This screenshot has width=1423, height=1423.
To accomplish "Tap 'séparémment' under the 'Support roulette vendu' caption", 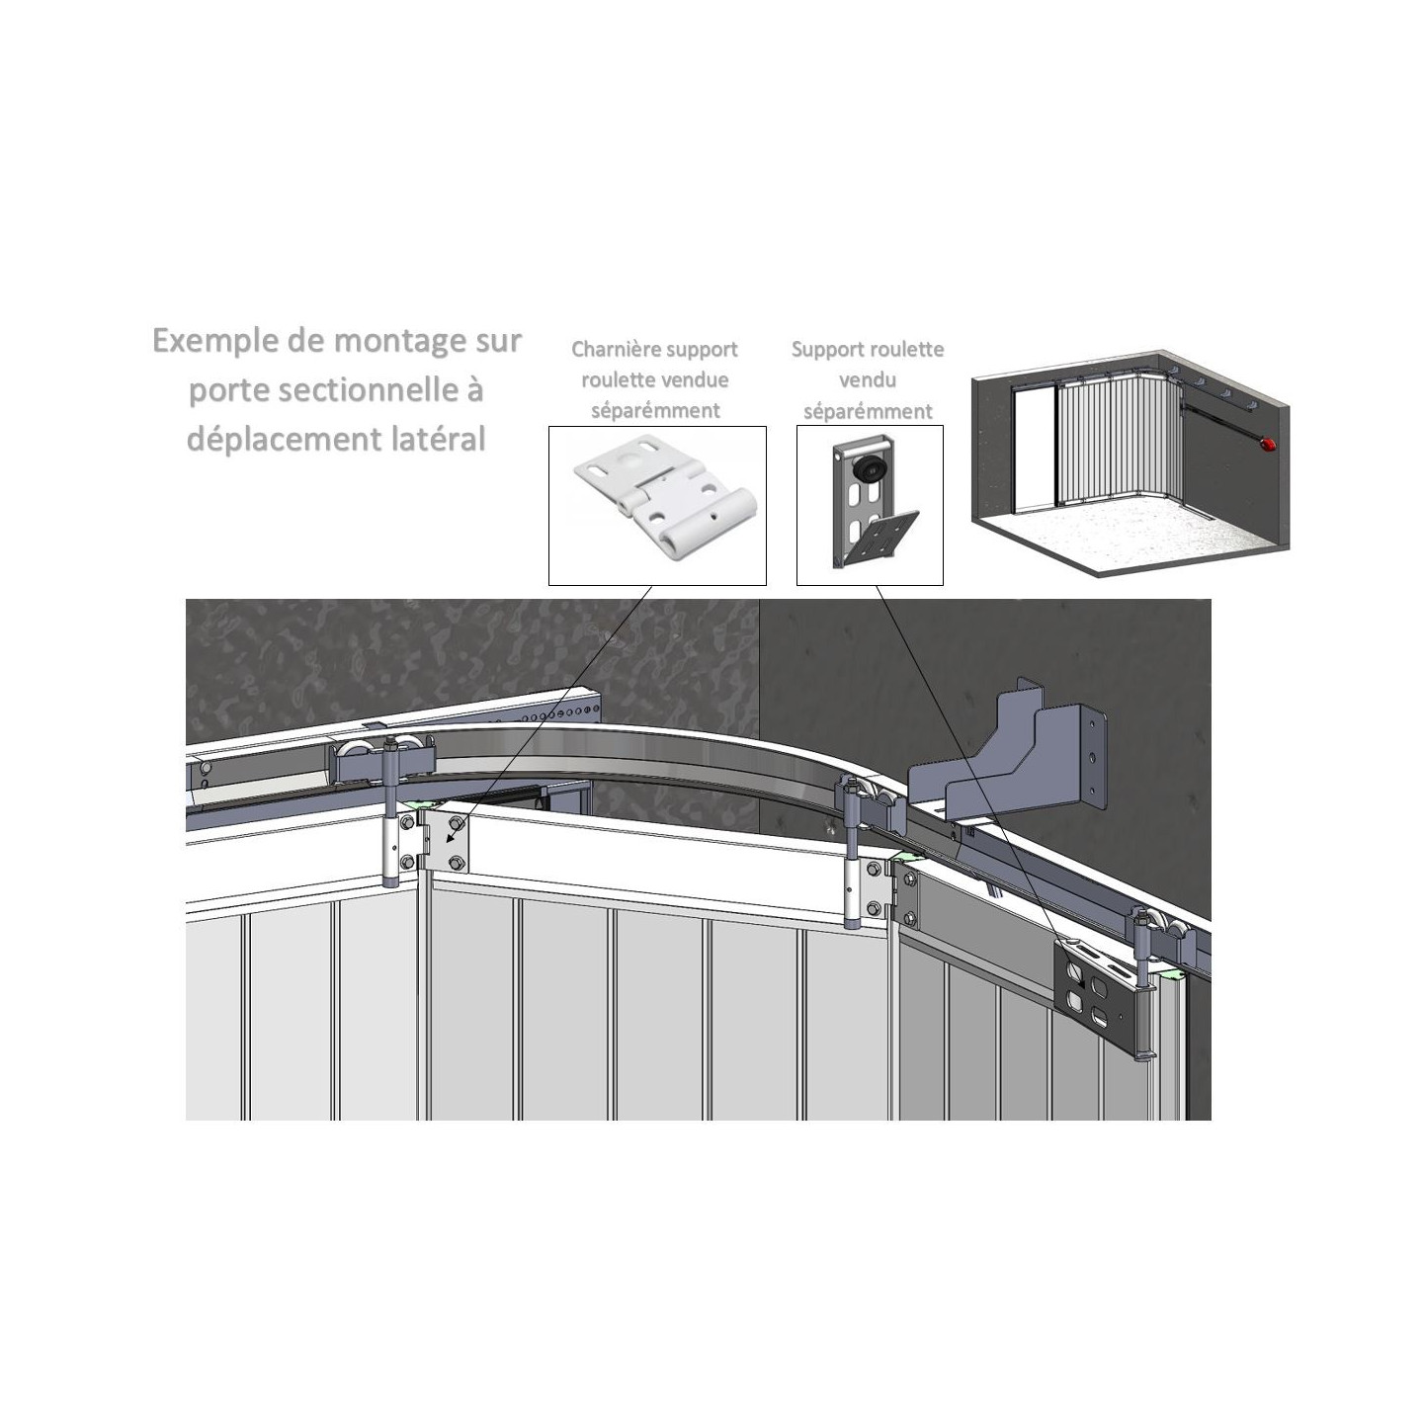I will (868, 411).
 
